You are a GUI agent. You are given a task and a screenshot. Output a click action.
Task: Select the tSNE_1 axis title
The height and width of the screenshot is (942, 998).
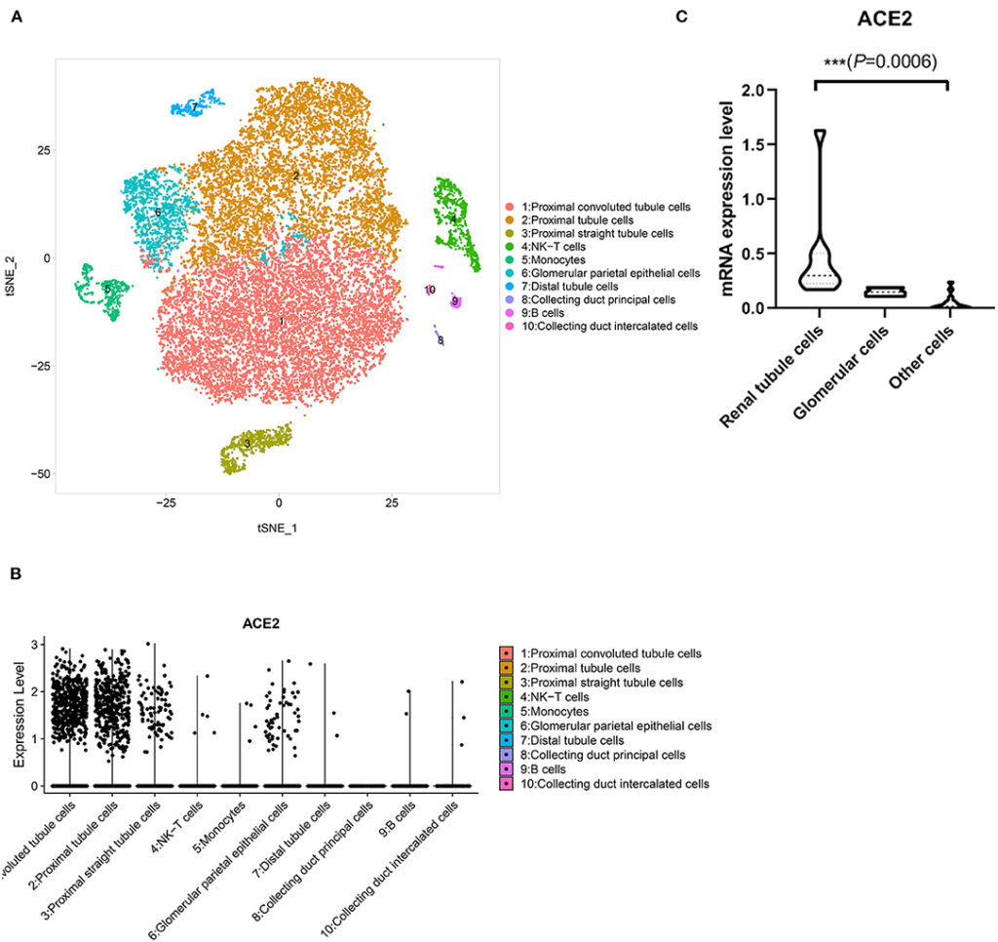[x=278, y=528]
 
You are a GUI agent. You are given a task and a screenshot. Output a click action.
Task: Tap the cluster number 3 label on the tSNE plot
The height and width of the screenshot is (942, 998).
[x=249, y=444]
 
